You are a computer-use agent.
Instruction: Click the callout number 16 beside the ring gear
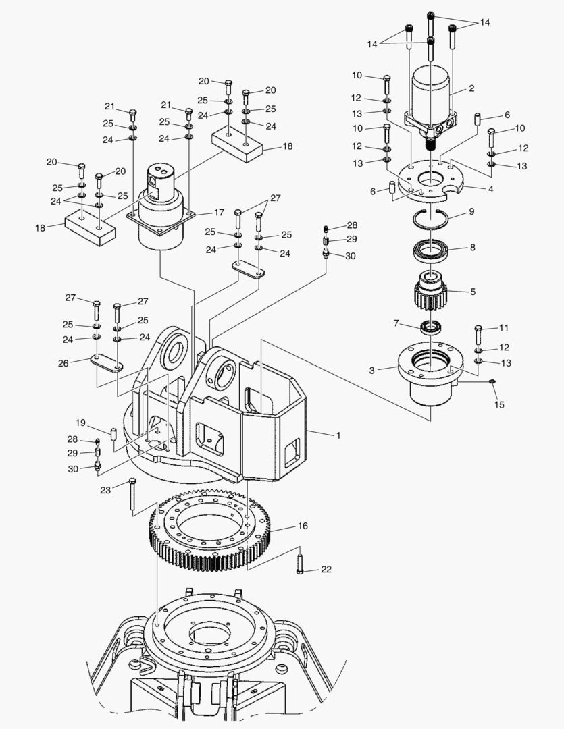[302, 526]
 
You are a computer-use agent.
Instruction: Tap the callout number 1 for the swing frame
[338, 435]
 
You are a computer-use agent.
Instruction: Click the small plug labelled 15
[492, 383]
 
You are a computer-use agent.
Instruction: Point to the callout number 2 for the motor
[471, 88]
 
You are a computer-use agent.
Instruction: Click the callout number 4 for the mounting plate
[490, 189]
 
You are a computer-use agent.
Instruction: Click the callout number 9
[471, 212]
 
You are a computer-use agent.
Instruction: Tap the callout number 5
[472, 292]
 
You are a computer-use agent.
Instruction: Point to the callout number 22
[326, 570]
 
